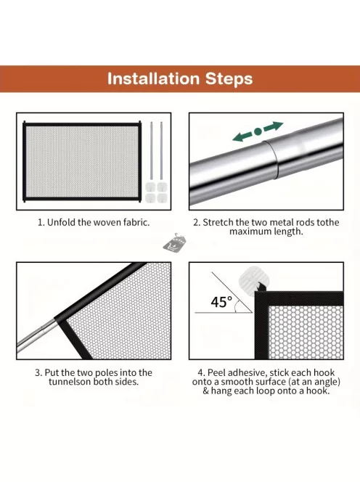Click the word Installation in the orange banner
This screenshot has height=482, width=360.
click(154, 78)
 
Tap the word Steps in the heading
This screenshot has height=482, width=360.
click(229, 79)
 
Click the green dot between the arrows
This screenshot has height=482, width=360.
click(258, 131)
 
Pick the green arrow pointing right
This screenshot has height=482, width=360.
click(273, 126)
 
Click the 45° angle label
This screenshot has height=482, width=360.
click(221, 302)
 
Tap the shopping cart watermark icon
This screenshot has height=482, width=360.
click(174, 243)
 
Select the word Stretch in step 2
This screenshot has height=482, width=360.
click(218, 222)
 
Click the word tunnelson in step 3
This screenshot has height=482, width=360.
click(70, 382)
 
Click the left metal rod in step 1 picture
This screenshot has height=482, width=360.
click(151, 151)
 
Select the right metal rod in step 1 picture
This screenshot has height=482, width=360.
click(161, 151)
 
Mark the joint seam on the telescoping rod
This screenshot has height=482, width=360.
click(271, 160)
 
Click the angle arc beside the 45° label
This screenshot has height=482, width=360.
click(237, 307)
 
